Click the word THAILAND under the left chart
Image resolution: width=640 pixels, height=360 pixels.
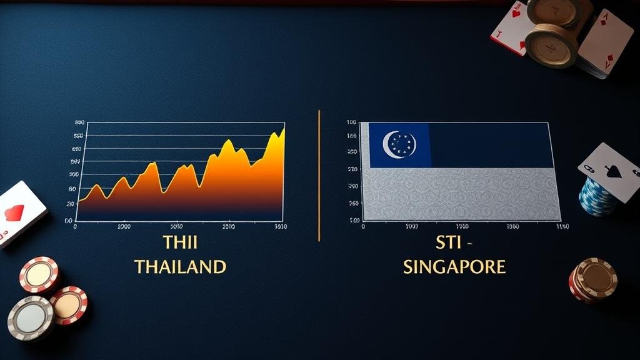click(x=180, y=267)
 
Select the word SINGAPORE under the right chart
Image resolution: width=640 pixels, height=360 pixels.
click(x=454, y=267)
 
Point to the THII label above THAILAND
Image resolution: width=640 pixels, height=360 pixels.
click(x=180, y=242)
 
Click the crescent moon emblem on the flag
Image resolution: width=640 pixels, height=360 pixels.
click(x=395, y=144)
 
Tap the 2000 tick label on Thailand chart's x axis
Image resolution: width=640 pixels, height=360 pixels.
click(x=124, y=226)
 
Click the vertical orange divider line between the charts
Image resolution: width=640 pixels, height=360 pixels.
click(x=319, y=175)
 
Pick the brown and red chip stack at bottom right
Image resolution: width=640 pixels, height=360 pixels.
click(x=592, y=279)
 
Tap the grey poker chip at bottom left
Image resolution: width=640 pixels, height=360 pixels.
click(x=30, y=317)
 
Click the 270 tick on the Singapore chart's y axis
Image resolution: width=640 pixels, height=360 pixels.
click(x=352, y=169)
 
